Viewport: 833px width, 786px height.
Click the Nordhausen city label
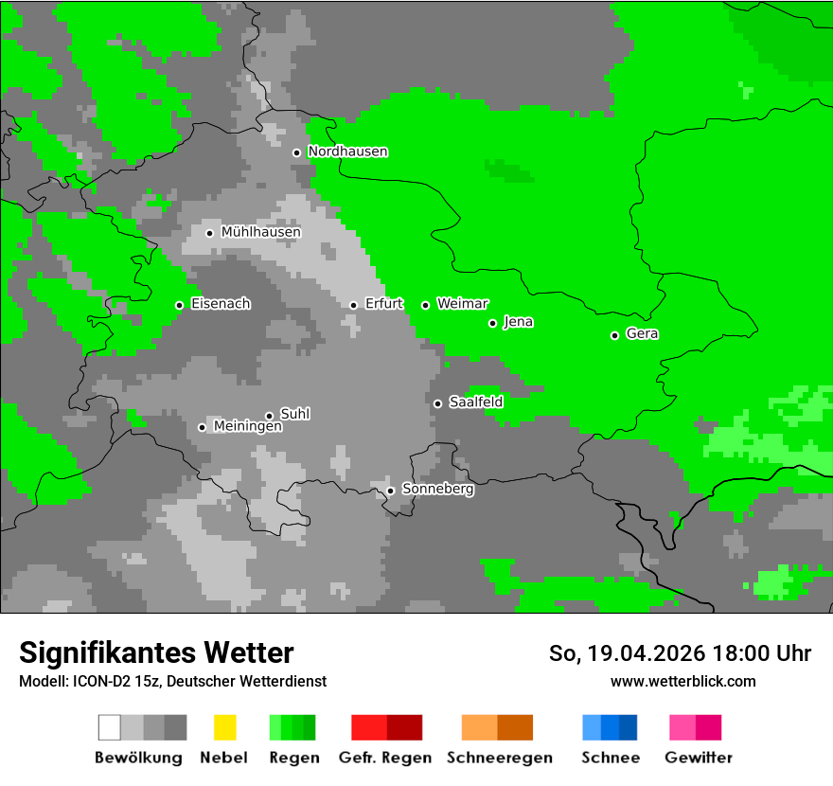347,152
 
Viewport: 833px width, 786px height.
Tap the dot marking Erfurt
353,305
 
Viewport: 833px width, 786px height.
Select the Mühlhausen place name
260,232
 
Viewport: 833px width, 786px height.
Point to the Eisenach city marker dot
179,305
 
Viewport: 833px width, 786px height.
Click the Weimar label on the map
462,304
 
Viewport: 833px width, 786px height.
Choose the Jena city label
518,322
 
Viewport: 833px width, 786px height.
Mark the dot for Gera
614,335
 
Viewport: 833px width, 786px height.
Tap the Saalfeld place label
475,402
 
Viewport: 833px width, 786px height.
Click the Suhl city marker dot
269,416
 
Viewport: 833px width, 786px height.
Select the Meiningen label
247,427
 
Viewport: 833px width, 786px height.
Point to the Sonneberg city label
437,490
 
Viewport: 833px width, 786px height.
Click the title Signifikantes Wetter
156,652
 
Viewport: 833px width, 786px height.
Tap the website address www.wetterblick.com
682,681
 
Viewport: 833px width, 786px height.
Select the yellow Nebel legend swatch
224,727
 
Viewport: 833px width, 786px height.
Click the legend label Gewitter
699,758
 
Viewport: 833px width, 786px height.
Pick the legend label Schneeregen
499,758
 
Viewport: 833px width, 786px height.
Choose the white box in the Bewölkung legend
110,727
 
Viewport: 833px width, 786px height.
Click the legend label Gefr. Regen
384,758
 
